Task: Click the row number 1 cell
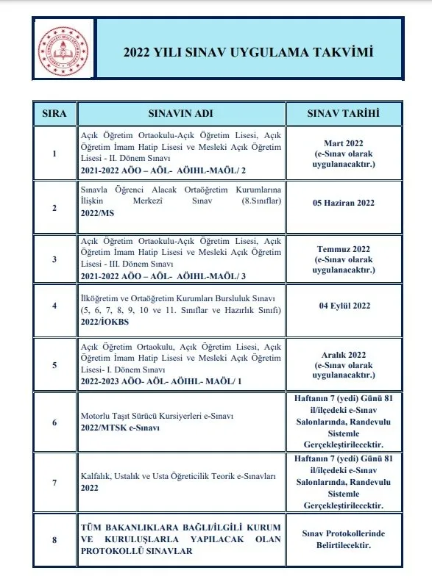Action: pyautogui.click(x=54, y=154)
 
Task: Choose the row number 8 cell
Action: pyautogui.click(x=54, y=541)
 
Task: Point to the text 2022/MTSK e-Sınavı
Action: pyautogui.click(x=117, y=427)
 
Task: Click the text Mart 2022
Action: pyautogui.click(x=343, y=142)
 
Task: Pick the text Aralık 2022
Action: pyautogui.click(x=343, y=353)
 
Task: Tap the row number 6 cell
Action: pyautogui.click(x=54, y=421)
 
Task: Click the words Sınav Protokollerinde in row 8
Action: pyautogui.click(x=343, y=535)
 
